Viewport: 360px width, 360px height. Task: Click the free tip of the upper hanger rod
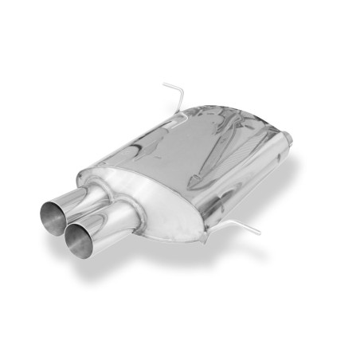click(x=164, y=84)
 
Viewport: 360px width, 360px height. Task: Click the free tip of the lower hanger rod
click(x=260, y=233)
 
